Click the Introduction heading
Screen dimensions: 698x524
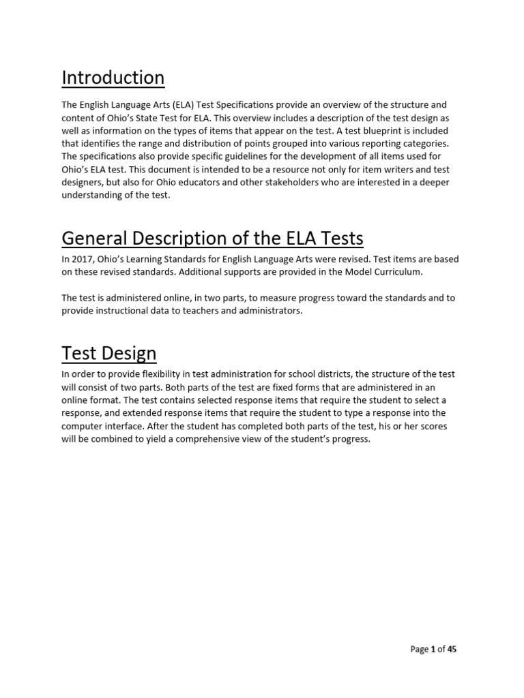click(113, 78)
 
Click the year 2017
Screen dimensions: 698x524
click(83, 259)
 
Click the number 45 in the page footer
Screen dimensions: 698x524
click(451, 649)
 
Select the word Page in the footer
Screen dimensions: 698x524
click(419, 649)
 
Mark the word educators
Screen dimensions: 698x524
click(206, 182)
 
